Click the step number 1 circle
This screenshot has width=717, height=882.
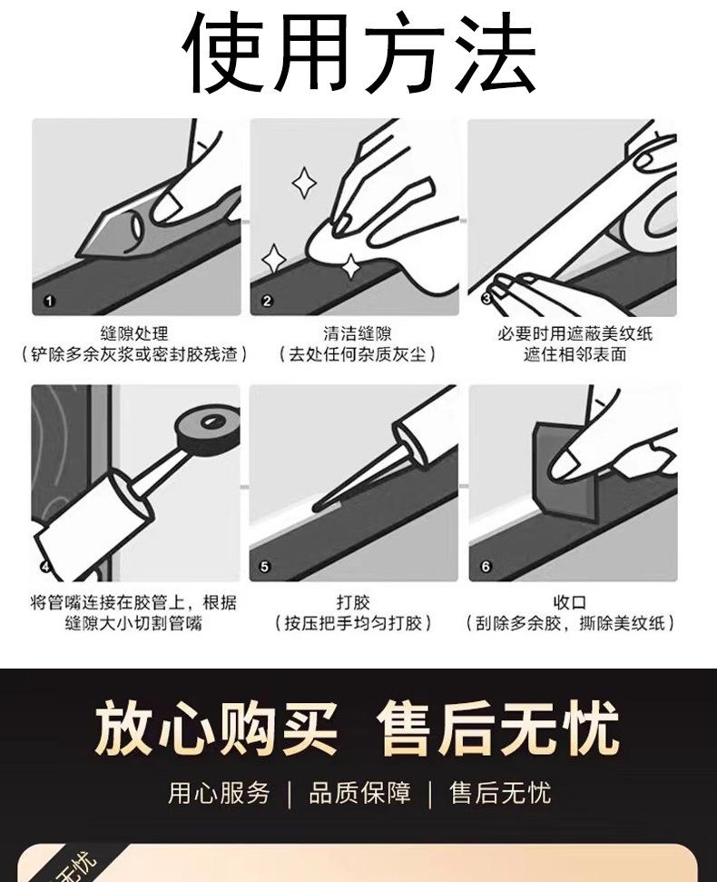coord(49,301)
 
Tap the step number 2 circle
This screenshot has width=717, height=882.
coord(267,301)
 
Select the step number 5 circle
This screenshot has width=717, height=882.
coord(265,567)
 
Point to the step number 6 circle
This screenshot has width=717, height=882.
coord(486,567)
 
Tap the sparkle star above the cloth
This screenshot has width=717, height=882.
coord(304,183)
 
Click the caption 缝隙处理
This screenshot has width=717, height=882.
coord(134,333)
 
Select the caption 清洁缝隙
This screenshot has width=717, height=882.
coord(358,333)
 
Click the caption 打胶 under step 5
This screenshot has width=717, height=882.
coord(353,602)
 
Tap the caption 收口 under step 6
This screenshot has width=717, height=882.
coord(570,602)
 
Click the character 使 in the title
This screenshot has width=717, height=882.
coord(223,52)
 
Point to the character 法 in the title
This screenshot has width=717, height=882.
coord(495,52)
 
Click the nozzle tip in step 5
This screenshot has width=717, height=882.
coord(316,508)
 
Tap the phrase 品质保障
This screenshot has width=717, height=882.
coord(359,793)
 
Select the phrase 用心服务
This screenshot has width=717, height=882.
coord(219,793)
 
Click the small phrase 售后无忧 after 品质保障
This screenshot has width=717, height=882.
coord(500,793)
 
